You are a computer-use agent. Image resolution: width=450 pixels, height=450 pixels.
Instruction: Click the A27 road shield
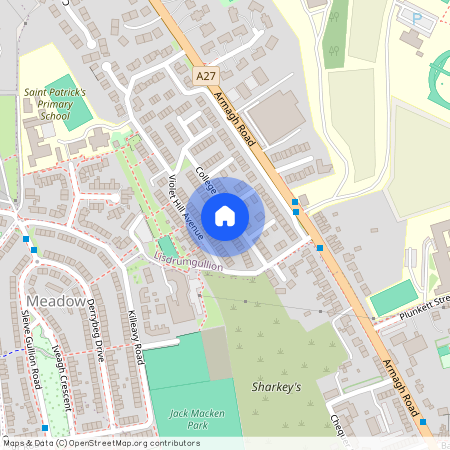(206, 75)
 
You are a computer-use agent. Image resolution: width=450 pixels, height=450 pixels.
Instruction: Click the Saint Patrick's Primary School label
(56, 103)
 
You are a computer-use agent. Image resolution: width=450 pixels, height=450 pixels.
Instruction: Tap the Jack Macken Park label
(191, 419)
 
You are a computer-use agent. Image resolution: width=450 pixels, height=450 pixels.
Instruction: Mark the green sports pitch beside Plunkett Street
(392, 297)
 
